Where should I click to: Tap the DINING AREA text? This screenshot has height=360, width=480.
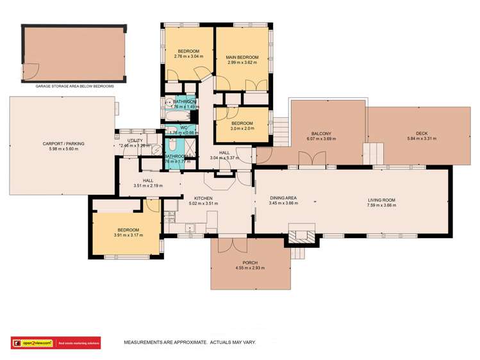(282, 199)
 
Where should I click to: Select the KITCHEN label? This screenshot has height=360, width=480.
(203, 199)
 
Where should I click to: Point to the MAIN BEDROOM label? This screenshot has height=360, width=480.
(242, 58)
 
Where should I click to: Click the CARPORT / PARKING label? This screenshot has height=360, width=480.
(63, 143)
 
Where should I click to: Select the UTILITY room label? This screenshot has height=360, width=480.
(135, 140)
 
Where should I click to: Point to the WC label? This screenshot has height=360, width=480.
(183, 127)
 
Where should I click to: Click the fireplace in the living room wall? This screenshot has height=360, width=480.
(301, 236)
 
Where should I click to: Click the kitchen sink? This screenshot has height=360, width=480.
(190, 227)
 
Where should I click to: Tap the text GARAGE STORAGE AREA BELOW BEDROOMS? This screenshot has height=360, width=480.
(74, 85)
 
